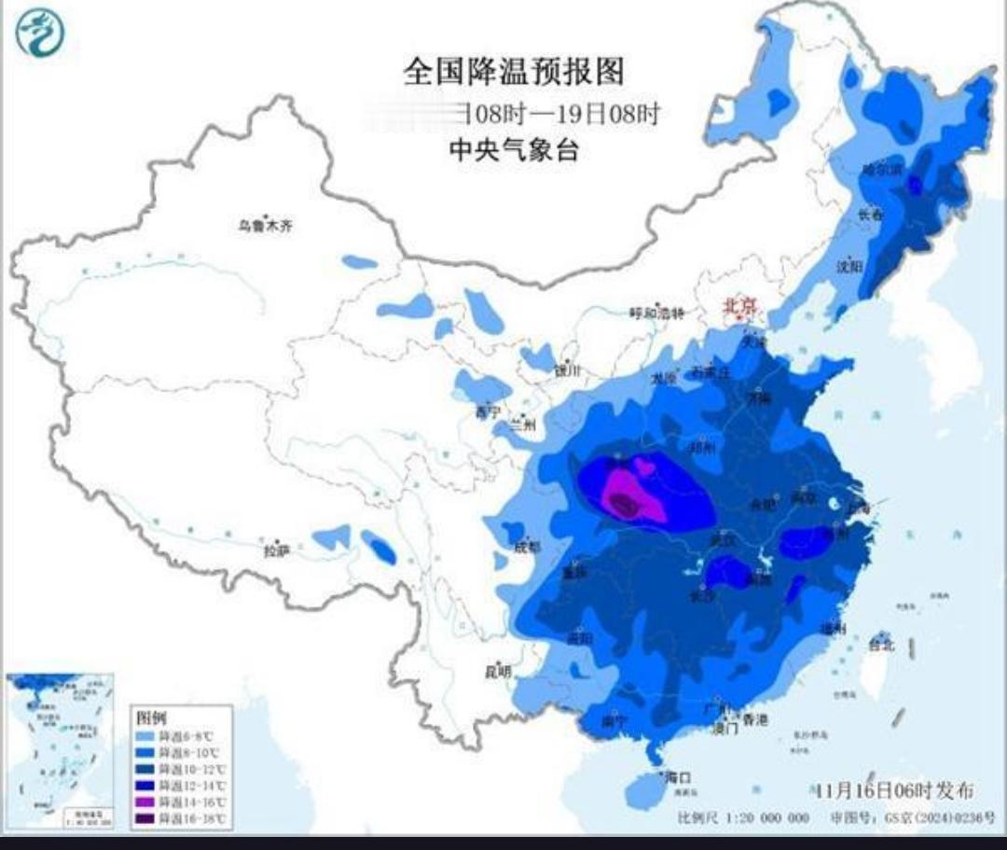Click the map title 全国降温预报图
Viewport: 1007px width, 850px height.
pos(513,71)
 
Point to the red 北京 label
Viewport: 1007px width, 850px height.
pos(743,305)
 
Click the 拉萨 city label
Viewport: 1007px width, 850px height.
pos(276,551)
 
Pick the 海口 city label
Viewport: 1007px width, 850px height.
pos(676,776)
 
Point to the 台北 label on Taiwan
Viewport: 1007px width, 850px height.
pos(880,644)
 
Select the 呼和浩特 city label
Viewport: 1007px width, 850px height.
pos(656,313)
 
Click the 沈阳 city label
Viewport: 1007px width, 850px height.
pos(849,266)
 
